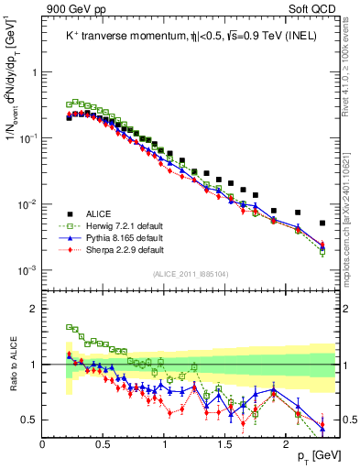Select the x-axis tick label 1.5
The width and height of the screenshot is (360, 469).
pyautogui.click(x=225, y=444)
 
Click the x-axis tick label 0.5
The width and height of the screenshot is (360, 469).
pyautogui.click(x=104, y=444)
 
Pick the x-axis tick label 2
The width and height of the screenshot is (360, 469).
pyautogui.click(x=286, y=444)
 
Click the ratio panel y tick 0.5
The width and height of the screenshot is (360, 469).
pyautogui.click(x=30, y=420)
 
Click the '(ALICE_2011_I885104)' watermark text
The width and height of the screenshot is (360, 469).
pyautogui.click(x=189, y=273)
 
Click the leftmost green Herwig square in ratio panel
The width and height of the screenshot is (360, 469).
pyautogui.click(x=70, y=326)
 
